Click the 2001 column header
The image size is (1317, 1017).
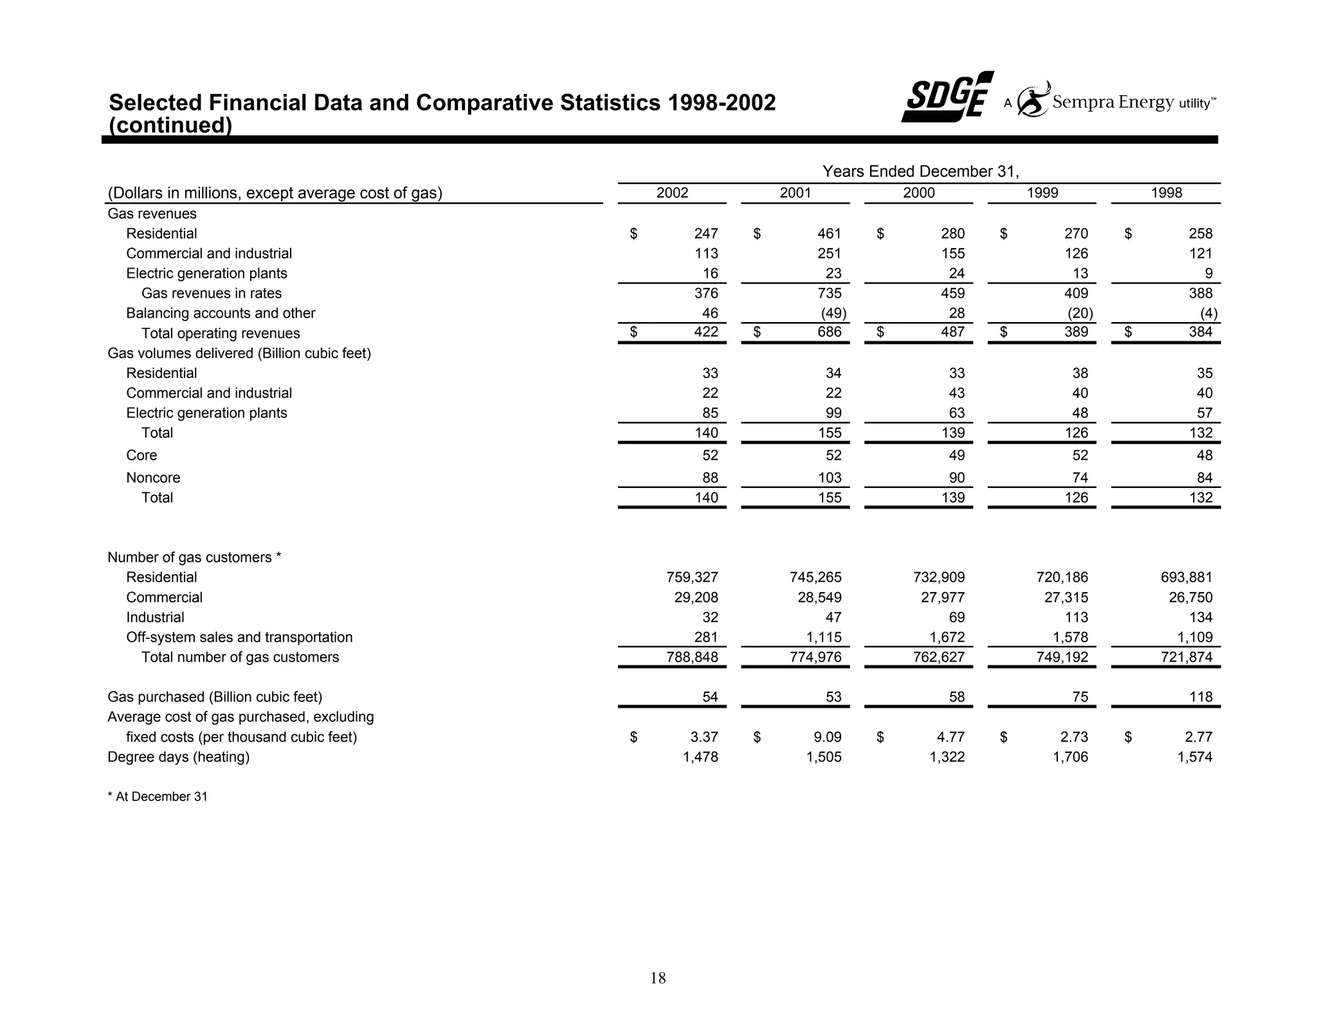(x=795, y=193)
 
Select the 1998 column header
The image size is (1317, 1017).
(x=1166, y=193)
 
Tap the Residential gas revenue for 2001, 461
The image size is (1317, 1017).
(x=830, y=233)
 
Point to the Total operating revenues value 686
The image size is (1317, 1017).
(x=830, y=332)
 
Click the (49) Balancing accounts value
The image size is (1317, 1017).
(x=833, y=313)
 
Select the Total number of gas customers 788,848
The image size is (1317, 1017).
(x=692, y=657)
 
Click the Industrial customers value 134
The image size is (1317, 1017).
(x=1201, y=617)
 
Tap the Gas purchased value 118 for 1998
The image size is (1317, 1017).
(x=1201, y=697)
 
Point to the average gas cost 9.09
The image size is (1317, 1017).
(x=827, y=737)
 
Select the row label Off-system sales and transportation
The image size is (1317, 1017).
(x=239, y=637)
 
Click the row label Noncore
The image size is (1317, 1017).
(x=153, y=478)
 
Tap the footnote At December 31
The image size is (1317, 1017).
(x=158, y=797)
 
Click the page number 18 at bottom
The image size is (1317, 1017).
(x=658, y=978)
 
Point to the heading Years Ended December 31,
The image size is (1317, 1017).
(x=920, y=171)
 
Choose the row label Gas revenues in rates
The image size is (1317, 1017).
(x=212, y=293)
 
